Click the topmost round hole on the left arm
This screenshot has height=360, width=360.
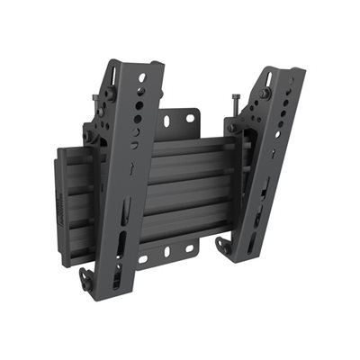[x=141, y=92]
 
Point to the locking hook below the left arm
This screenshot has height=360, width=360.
[x=86, y=276]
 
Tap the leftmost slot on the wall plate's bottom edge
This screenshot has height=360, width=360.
[x=144, y=261]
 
